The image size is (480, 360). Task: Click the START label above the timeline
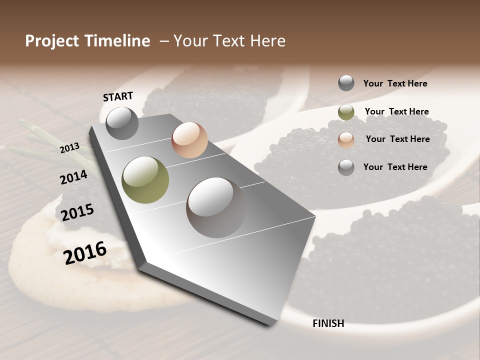click(x=118, y=96)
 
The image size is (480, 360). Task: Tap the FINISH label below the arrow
click(x=328, y=323)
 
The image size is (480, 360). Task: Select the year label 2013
click(x=69, y=147)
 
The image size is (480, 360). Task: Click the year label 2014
click(x=73, y=177)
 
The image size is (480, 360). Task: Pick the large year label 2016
click(x=85, y=252)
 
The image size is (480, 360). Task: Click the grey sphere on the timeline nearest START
click(x=122, y=123)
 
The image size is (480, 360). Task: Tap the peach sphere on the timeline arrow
click(x=189, y=140)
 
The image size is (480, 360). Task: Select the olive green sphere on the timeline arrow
click(x=145, y=179)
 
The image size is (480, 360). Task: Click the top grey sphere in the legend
click(x=346, y=83)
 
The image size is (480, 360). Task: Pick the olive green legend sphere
click(x=346, y=112)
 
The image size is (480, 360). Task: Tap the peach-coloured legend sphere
click(x=346, y=139)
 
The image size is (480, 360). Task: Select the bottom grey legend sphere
click(x=346, y=167)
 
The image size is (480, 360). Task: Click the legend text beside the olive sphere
click(x=396, y=111)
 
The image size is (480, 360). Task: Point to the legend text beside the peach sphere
click(x=397, y=139)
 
